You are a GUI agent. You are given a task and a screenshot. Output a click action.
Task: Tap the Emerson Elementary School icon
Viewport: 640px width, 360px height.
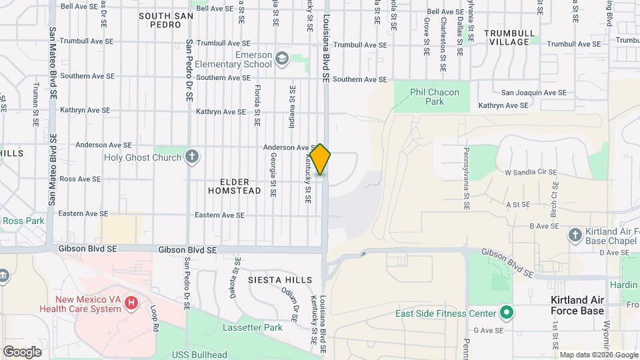[x=283, y=59]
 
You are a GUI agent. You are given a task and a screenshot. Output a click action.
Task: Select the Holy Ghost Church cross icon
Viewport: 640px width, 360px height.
[x=192, y=157]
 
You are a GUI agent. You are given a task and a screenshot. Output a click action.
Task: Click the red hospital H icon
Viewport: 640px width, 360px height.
[x=131, y=303]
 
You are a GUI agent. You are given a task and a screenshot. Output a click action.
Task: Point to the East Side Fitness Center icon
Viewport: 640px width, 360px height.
[x=507, y=313]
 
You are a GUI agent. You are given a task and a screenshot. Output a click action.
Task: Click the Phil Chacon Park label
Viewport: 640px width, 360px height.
[x=427, y=97]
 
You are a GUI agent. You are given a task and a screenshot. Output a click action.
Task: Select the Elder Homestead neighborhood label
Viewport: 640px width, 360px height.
[x=234, y=186]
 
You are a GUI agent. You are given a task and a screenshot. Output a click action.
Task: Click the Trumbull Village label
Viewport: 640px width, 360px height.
[x=509, y=37]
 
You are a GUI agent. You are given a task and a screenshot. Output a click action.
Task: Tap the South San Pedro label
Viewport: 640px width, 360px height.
[x=161, y=20]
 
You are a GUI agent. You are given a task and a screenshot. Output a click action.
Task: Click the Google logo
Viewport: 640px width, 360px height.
[x=22, y=352]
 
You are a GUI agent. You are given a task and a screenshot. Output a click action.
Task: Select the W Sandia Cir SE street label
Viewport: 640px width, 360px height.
[x=531, y=172]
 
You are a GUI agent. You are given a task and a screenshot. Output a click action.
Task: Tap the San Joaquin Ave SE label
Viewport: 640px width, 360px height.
[x=533, y=93]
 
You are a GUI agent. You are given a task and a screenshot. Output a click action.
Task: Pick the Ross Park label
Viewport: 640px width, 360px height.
[x=23, y=221]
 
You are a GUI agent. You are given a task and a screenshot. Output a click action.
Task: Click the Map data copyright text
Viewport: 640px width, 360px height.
[x=598, y=355]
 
